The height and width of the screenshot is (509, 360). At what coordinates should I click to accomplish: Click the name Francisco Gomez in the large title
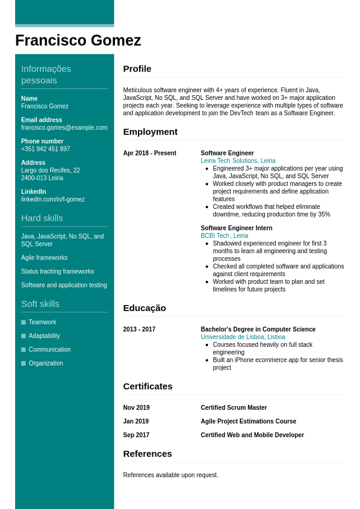click(x=78, y=41)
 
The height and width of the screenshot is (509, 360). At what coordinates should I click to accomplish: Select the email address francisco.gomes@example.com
click(x=64, y=128)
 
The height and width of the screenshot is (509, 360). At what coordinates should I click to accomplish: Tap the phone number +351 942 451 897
click(x=45, y=149)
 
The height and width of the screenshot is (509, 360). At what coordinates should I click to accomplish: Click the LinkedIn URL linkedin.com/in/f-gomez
click(x=53, y=199)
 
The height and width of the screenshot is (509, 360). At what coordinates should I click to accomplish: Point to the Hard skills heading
click(x=42, y=218)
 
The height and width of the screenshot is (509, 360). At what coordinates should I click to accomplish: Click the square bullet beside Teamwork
click(x=24, y=322)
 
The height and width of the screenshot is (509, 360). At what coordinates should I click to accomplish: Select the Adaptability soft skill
click(x=44, y=336)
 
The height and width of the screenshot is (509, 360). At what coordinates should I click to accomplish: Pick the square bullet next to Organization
click(x=24, y=363)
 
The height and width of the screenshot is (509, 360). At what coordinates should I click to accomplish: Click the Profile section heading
click(x=137, y=69)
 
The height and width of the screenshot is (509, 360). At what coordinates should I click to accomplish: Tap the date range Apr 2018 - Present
click(x=149, y=153)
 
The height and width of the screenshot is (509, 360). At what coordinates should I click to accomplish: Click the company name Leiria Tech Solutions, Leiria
click(x=238, y=161)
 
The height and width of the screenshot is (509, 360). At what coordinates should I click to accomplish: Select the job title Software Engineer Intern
click(x=237, y=228)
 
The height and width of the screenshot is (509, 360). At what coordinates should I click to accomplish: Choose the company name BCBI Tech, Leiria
click(x=224, y=236)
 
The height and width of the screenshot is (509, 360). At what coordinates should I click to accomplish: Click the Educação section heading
click(x=144, y=308)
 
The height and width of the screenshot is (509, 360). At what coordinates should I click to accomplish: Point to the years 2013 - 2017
click(x=139, y=329)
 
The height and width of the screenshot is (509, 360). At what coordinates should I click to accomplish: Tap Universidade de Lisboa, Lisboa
click(x=243, y=337)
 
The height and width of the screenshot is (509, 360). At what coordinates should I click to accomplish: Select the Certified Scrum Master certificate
click(x=234, y=408)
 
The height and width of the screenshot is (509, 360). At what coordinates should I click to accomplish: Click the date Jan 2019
click(x=136, y=421)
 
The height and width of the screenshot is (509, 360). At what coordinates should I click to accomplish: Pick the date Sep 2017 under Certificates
click(x=136, y=435)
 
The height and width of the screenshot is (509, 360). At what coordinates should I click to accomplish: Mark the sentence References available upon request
click(x=171, y=475)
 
